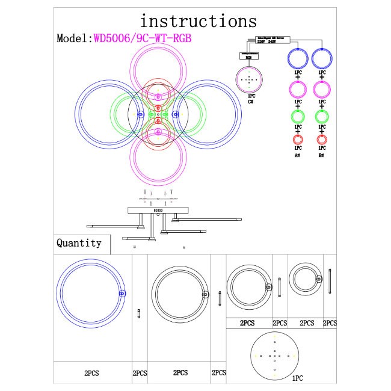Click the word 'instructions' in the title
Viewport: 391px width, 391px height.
(x=198, y=22)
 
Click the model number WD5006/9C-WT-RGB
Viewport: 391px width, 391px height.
(x=145, y=38)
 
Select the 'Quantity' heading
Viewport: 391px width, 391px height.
(x=79, y=244)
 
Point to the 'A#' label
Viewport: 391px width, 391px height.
(x=298, y=155)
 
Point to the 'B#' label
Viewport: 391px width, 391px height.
(x=322, y=155)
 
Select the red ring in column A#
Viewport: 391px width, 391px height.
(x=298, y=140)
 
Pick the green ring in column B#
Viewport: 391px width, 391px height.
(x=322, y=115)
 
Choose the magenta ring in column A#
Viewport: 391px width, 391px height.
(x=298, y=90)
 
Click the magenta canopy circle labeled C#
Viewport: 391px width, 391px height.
(x=249, y=79)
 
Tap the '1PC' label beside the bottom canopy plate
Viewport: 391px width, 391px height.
(x=297, y=380)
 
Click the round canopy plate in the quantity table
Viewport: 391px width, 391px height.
(x=275, y=355)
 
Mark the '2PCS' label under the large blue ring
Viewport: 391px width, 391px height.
(x=91, y=373)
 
